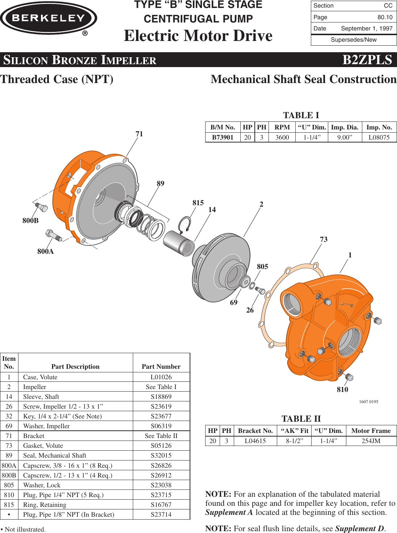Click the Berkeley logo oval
(48, 18)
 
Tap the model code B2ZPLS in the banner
(367, 60)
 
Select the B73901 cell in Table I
(223, 137)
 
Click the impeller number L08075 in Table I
(379, 137)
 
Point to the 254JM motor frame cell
(371, 441)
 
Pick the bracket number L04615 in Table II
(255, 441)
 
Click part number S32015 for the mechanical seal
(161, 455)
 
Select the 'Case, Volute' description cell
(40, 377)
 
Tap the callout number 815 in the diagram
(198, 203)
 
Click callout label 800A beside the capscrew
(46, 251)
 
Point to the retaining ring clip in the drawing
(185, 225)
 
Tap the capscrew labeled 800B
(41, 207)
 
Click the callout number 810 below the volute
(342, 389)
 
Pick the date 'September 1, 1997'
(367, 29)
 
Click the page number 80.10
(385, 17)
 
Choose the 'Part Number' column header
(161, 367)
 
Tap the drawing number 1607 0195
(368, 402)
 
